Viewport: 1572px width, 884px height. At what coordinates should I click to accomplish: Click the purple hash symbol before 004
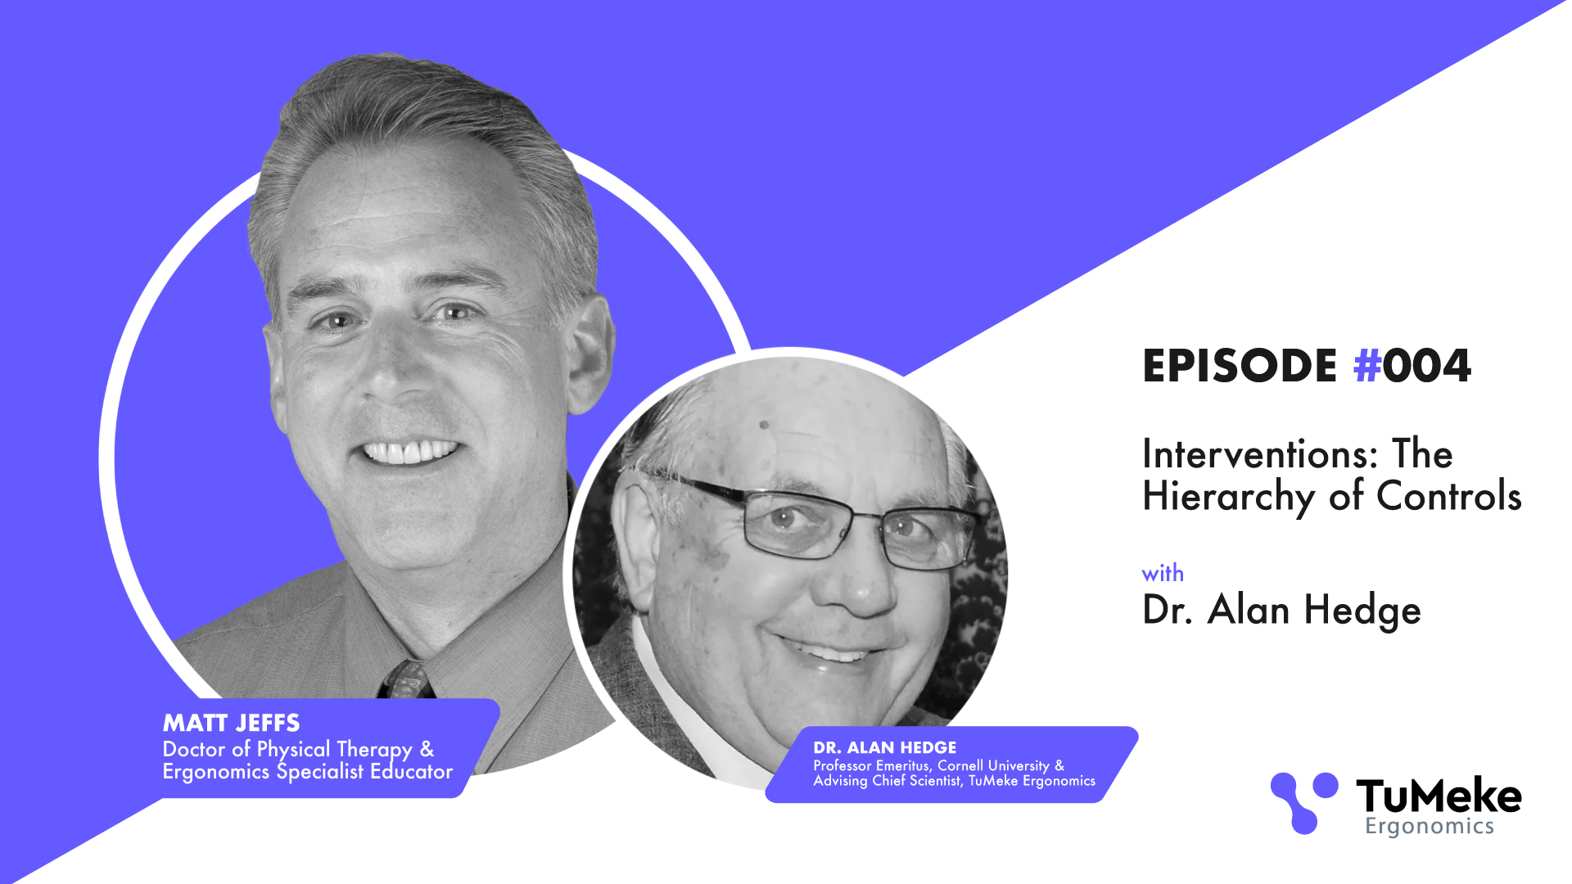(1367, 366)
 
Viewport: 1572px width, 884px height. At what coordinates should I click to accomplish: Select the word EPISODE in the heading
(1240, 366)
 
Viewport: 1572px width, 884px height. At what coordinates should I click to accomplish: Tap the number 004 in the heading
(1427, 366)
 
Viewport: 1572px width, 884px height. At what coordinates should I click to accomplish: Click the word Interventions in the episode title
(1261, 453)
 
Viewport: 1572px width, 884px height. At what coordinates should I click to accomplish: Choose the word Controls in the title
(1449, 496)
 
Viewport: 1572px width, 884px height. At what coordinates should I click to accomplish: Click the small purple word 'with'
(1163, 573)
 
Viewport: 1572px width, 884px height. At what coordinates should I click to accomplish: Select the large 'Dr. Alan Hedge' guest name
(1281, 611)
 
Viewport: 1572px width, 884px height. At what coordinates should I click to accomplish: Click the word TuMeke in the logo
(1439, 796)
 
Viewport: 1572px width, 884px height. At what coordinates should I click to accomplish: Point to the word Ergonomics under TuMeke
(1430, 827)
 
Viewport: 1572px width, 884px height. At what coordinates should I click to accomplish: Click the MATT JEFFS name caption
(232, 723)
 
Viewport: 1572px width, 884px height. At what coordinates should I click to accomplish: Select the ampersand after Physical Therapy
(427, 749)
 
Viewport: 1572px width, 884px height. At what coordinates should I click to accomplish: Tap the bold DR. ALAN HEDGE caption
(885, 747)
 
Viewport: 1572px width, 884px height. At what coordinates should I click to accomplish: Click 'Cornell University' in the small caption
(993, 765)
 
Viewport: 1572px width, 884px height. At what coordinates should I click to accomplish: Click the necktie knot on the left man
(407, 679)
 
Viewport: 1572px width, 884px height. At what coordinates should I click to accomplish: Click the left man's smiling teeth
(409, 452)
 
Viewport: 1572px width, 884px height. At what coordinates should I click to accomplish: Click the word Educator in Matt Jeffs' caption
(411, 771)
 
